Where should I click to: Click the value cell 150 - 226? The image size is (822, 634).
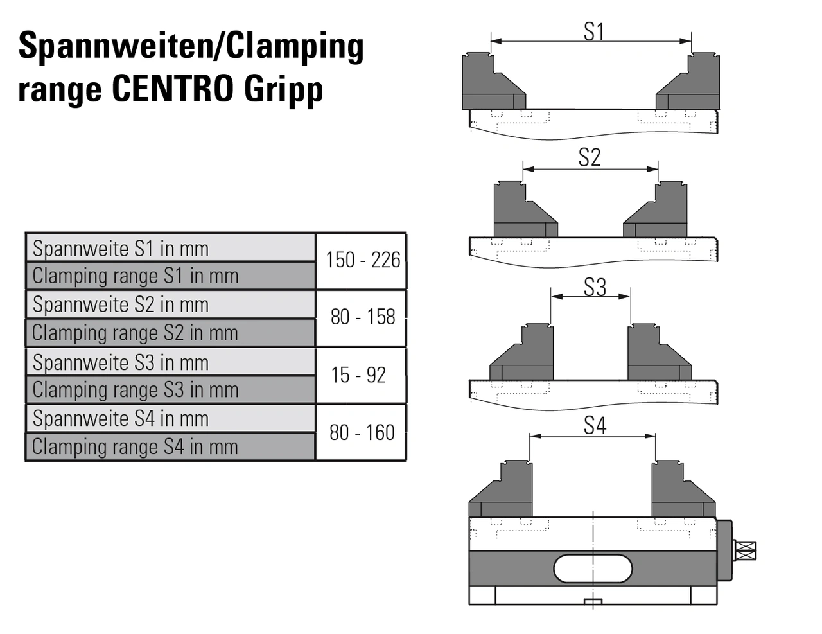(x=362, y=260)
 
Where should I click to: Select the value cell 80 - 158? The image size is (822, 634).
(x=362, y=317)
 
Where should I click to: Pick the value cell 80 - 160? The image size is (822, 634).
(x=362, y=433)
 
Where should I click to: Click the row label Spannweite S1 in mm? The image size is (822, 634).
(x=121, y=249)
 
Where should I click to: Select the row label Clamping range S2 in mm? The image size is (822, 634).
(x=135, y=333)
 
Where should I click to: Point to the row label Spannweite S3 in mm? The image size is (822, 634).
(x=121, y=363)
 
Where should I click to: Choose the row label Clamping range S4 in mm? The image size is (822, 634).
(x=135, y=446)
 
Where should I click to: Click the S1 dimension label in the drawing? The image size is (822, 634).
(x=594, y=31)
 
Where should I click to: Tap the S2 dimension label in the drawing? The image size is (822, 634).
(x=590, y=157)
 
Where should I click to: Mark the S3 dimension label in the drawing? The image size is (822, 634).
(x=595, y=287)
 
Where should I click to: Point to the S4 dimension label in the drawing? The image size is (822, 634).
(x=595, y=425)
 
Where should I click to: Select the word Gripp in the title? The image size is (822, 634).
(x=283, y=90)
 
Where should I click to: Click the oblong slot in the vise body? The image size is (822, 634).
(x=593, y=568)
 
